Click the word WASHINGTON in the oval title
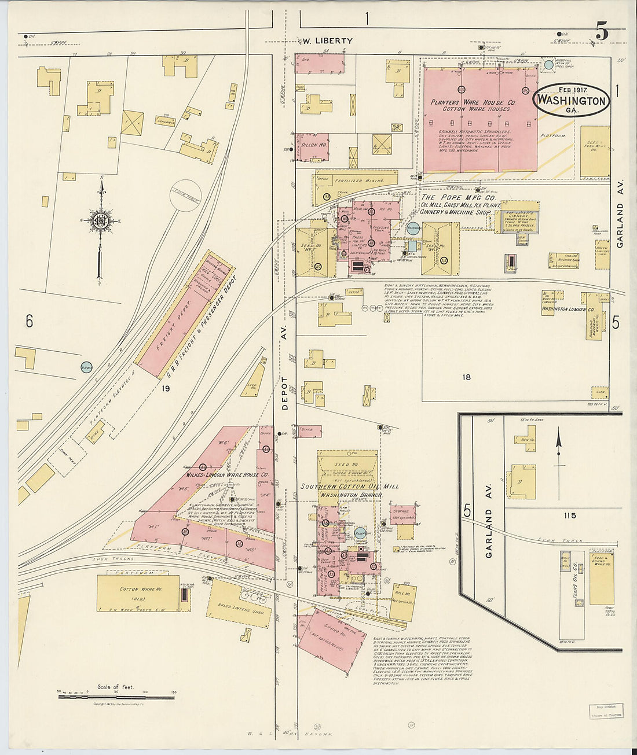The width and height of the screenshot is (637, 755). point(571,100)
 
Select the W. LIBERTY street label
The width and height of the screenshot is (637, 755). point(328,40)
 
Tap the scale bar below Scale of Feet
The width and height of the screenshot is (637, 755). point(116,697)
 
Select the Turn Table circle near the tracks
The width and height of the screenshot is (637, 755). point(185,194)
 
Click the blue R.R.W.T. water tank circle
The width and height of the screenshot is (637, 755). point(86,366)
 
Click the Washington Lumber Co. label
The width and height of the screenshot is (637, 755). point(568,310)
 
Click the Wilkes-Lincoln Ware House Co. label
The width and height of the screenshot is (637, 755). point(227,474)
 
